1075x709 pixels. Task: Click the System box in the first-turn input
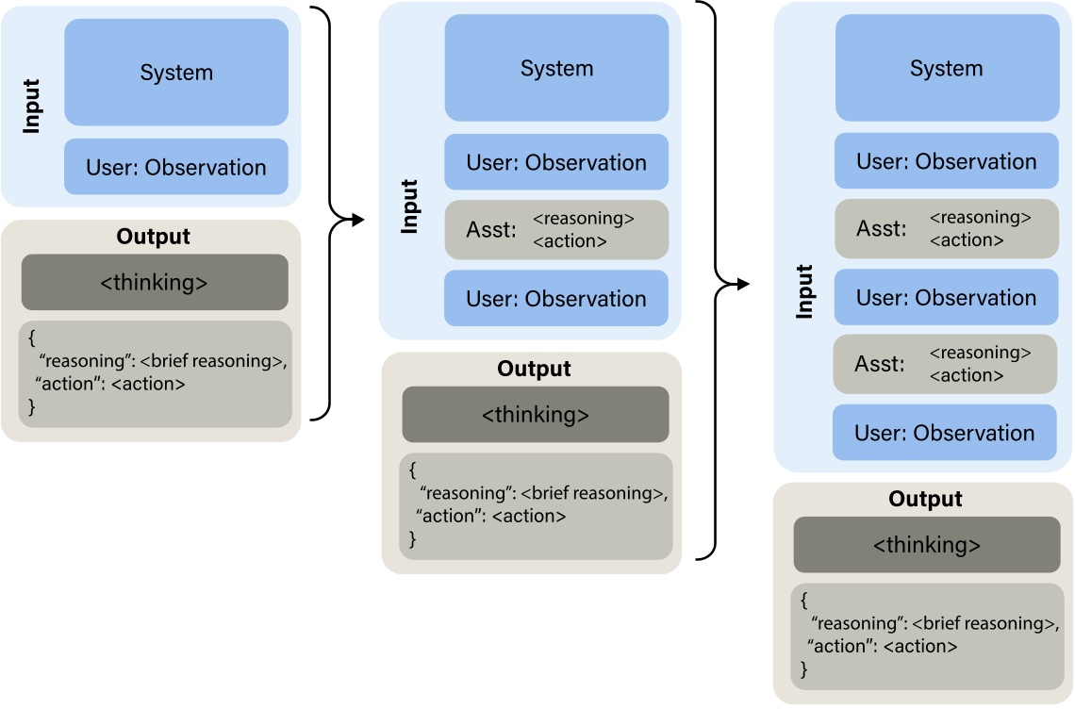176,73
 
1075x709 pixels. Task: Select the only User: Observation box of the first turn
176,168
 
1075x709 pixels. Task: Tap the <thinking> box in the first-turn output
155,282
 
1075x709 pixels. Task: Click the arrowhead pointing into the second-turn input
357,220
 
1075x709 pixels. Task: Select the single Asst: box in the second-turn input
556,229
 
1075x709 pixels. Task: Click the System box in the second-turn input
556,69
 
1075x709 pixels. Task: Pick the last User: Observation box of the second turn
556,299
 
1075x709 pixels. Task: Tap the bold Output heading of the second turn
534,369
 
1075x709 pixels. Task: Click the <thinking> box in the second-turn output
535,415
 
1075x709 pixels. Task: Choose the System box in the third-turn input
947,69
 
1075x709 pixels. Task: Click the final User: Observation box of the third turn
944,433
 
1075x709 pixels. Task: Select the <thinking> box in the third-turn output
926,545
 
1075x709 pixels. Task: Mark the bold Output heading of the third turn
925,499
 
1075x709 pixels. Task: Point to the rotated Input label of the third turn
804,291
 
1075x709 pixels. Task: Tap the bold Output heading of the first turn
153,237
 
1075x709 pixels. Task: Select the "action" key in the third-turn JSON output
835,646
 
